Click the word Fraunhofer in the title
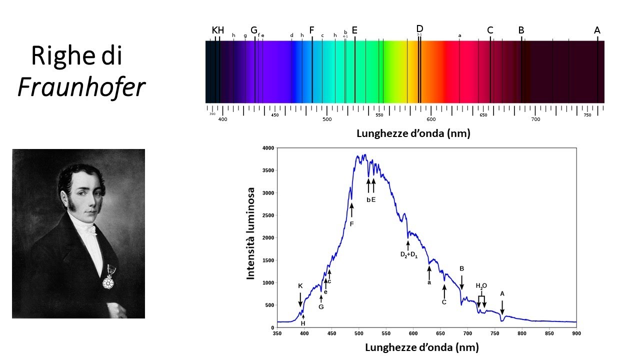click(81, 87)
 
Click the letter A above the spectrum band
click(597, 30)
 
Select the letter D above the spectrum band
click(419, 28)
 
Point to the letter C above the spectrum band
click(490, 30)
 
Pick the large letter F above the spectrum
click(311, 30)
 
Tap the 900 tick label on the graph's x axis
click(576, 333)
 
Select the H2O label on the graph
click(481, 286)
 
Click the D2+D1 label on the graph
click(408, 254)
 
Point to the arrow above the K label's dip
click(300, 299)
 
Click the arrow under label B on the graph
click(461, 282)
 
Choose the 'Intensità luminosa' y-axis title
click(251, 233)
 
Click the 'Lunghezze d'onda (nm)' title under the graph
click(421, 347)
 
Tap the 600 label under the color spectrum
click(431, 119)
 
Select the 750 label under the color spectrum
click(587, 115)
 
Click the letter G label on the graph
click(321, 307)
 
